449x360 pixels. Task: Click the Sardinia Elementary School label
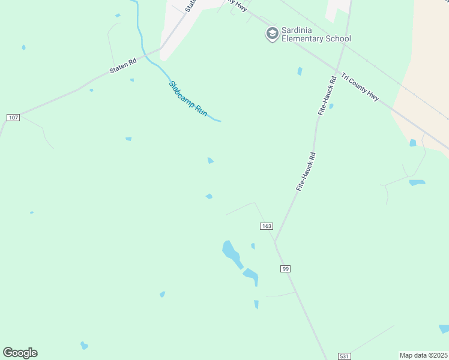[316, 34]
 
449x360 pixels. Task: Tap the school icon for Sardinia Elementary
[273, 34]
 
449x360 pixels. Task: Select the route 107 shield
[13, 117]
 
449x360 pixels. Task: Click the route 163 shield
[267, 226]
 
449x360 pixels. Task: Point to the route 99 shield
[285, 268]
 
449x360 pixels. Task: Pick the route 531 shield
[344, 356]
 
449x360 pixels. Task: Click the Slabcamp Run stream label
[188, 99]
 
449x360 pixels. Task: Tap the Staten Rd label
[123, 65]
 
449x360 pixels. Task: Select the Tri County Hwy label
[360, 87]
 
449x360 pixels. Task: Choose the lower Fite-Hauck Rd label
[306, 172]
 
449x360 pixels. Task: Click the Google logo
[20, 353]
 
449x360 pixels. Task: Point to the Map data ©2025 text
[423, 355]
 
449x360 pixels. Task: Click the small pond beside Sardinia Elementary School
[300, 71]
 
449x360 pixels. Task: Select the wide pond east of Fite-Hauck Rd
[417, 182]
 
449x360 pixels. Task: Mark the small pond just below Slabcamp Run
[211, 160]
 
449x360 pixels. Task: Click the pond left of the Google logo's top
[84, 346]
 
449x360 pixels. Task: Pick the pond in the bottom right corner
[444, 329]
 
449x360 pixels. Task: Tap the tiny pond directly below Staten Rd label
[131, 80]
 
